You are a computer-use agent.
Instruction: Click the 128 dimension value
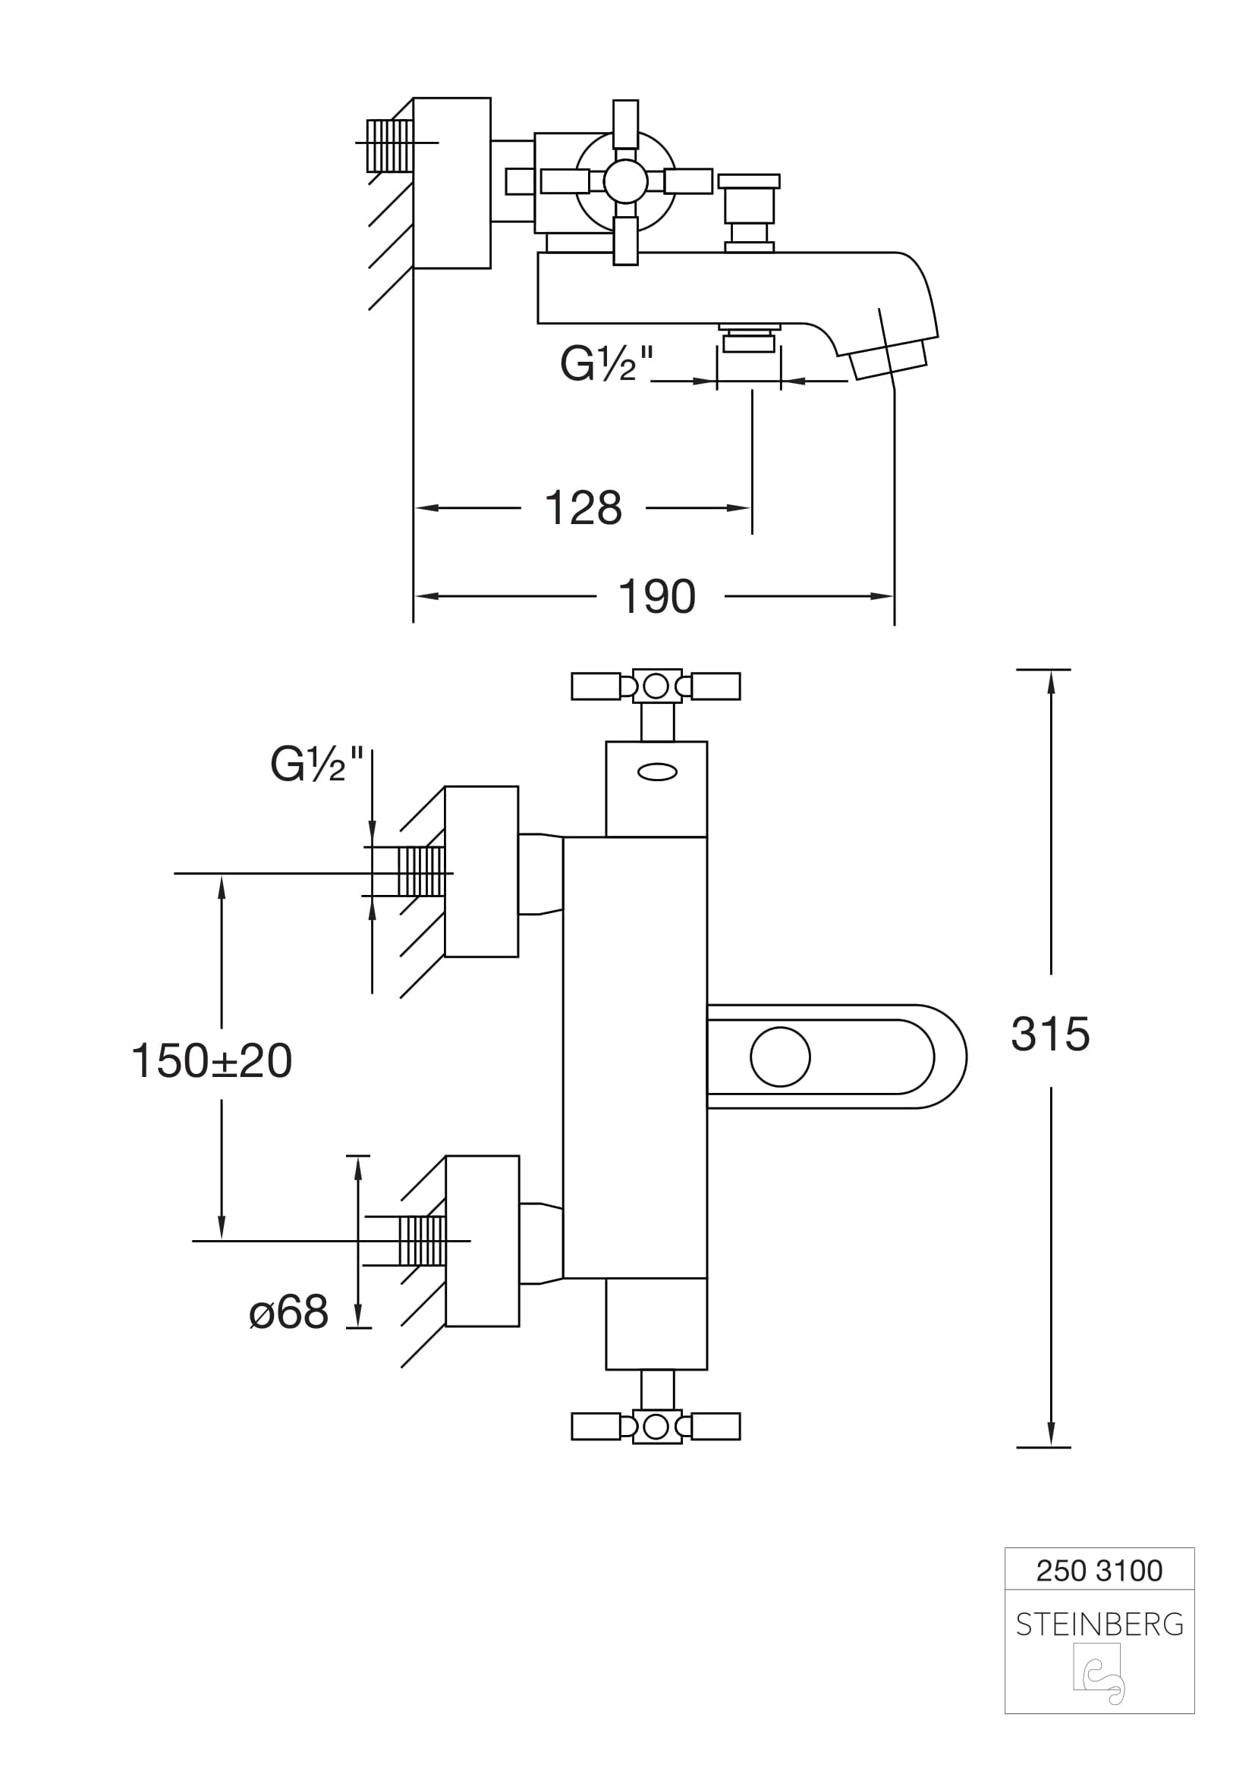(x=583, y=508)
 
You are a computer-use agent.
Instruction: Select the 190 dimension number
(x=657, y=596)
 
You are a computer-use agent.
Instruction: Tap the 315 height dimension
(x=1050, y=1034)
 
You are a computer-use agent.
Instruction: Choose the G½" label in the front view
(x=316, y=765)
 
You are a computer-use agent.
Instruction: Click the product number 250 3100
(x=1099, y=1571)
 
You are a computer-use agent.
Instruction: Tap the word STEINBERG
(x=1099, y=1625)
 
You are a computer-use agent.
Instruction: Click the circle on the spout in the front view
(x=781, y=1057)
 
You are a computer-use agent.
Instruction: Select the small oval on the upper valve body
(x=658, y=771)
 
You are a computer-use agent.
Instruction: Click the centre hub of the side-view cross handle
(x=625, y=182)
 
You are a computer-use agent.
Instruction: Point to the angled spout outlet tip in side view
(x=889, y=360)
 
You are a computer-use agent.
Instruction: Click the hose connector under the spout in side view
(x=749, y=340)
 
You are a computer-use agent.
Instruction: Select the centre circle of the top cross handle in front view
(x=656, y=686)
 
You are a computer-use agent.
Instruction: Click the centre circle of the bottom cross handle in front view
(x=656, y=1427)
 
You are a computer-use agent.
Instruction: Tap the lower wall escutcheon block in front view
(x=483, y=1241)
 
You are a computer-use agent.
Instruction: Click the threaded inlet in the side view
(x=389, y=146)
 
